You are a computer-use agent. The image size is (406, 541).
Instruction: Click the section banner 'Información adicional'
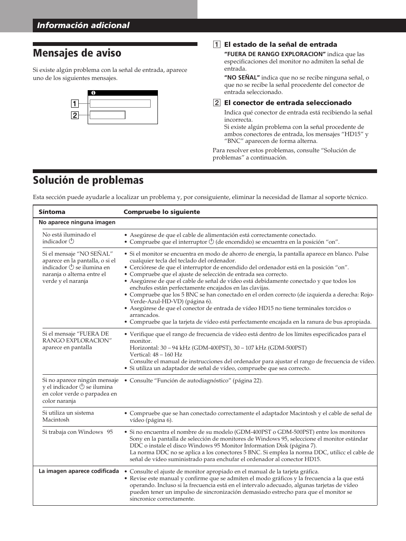point(83,26)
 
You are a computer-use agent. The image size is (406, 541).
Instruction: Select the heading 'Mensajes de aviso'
point(77,53)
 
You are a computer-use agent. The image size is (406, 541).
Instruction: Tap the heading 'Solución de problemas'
point(88,180)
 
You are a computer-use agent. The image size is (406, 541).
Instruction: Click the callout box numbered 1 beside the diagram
point(74,103)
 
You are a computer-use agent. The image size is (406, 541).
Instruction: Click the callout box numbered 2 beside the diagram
point(74,115)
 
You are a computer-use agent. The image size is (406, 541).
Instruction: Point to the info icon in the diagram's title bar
point(93,93)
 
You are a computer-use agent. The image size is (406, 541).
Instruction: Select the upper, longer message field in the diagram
point(120,103)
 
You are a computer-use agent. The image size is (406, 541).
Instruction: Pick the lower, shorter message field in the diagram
point(107,115)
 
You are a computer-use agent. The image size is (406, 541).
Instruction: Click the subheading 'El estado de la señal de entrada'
point(280,45)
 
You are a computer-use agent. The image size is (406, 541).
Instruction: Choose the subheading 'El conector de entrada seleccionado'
point(288,103)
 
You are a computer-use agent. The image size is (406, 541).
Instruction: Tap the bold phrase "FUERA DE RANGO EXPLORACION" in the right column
point(275,54)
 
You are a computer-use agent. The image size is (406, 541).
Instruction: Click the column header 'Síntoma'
point(52,212)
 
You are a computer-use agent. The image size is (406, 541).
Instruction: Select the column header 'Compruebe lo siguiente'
point(162,212)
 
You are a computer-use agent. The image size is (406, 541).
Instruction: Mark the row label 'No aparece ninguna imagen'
point(77,222)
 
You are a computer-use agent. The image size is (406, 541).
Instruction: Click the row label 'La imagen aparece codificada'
point(79,471)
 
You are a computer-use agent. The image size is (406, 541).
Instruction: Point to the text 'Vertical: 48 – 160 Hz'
point(156,355)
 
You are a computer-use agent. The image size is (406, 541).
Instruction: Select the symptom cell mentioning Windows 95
point(77,432)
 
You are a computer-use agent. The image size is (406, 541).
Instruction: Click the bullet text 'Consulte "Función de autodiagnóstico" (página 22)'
point(196,381)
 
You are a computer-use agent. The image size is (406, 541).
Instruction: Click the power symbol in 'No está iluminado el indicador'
point(71,241)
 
